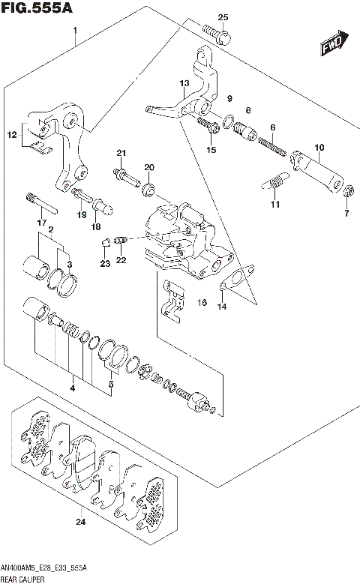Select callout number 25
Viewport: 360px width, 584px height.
(x=222, y=17)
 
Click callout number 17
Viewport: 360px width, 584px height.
(x=42, y=223)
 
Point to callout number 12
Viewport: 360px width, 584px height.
(x=11, y=135)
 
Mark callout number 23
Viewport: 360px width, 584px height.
(x=105, y=263)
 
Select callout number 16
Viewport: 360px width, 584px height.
(x=201, y=302)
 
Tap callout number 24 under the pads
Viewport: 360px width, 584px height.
(x=81, y=522)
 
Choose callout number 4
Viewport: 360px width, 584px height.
(x=72, y=388)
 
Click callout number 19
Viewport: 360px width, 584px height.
(x=82, y=215)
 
